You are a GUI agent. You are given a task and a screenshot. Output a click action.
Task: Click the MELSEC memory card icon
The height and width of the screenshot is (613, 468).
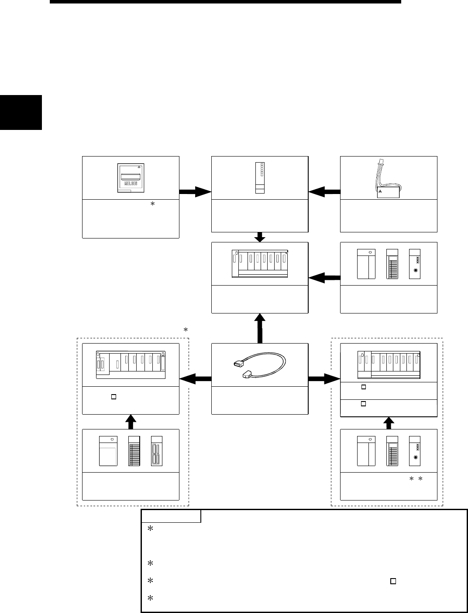click(x=131, y=178)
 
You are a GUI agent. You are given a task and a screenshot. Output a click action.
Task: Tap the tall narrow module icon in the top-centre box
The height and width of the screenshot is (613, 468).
click(x=260, y=177)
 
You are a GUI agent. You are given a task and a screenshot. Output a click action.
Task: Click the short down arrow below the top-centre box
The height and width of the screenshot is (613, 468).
click(x=260, y=237)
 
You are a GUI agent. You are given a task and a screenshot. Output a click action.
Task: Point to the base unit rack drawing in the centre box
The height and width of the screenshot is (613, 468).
click(x=260, y=263)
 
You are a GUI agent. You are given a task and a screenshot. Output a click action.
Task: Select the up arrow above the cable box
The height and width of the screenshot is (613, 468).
click(x=260, y=327)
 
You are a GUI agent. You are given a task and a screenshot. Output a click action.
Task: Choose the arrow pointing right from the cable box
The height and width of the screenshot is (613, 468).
click(x=324, y=379)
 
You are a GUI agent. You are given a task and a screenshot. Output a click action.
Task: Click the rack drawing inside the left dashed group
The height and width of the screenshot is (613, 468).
click(x=131, y=365)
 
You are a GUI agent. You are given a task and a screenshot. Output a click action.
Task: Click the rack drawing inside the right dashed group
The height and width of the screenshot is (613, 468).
click(x=389, y=365)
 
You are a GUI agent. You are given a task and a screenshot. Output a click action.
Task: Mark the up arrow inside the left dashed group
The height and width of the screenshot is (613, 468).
click(x=131, y=422)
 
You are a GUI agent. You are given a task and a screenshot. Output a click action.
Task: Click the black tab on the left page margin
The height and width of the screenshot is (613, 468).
click(x=21, y=112)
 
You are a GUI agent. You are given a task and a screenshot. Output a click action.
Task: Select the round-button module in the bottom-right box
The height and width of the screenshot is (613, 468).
click(x=415, y=451)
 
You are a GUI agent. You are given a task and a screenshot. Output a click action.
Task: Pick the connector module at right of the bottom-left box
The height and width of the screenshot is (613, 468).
click(x=156, y=451)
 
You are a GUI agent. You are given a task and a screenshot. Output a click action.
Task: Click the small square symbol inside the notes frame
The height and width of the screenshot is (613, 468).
click(x=393, y=581)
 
